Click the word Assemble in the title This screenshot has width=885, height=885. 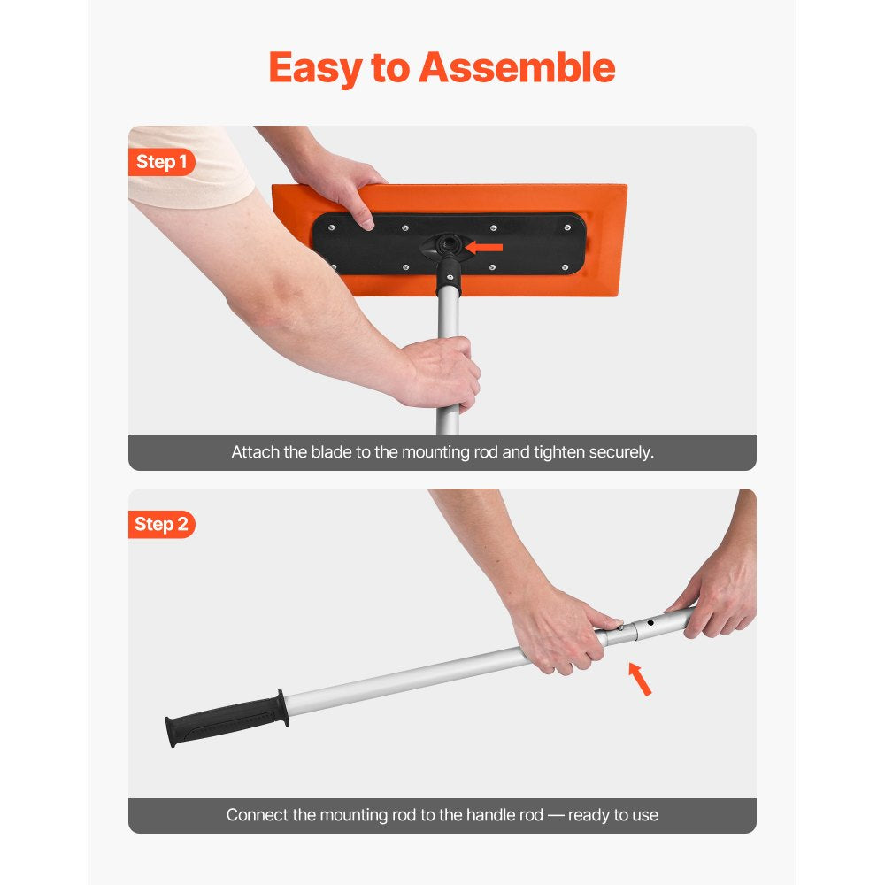[517, 68]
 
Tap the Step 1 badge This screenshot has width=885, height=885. [162, 162]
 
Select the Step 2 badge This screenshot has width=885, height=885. [162, 524]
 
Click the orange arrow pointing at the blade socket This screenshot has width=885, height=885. [484, 247]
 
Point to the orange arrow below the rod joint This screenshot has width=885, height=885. [640, 679]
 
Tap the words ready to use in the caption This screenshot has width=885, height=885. [613, 815]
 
